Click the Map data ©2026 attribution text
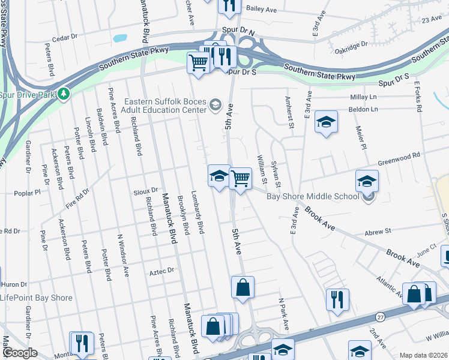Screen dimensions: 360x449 coord(423,355)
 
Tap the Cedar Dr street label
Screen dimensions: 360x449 coord(65,37)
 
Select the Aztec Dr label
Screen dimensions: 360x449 coord(161,271)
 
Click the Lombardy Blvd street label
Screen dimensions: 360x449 coord(197,214)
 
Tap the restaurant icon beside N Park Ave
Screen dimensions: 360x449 coord(337,299)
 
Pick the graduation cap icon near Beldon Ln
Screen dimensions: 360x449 coord(326,122)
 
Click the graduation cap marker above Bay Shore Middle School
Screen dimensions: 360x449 coord(367,181)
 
